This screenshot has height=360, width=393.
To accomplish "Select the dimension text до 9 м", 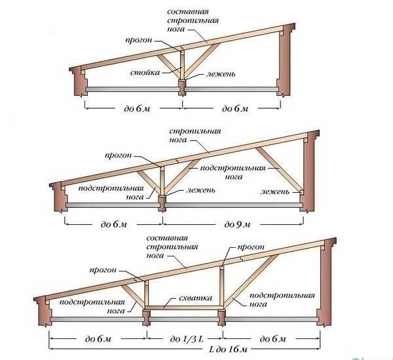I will tap(237, 224).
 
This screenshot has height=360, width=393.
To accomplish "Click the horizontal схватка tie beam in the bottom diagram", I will tap(183, 307).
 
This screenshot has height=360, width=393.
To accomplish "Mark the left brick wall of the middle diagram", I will tap(58, 197).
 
